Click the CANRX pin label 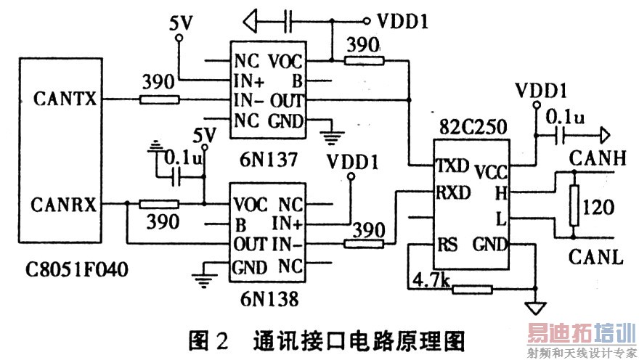(x=65, y=205)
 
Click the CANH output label (x=593, y=157)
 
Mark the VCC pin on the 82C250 (x=492, y=171)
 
